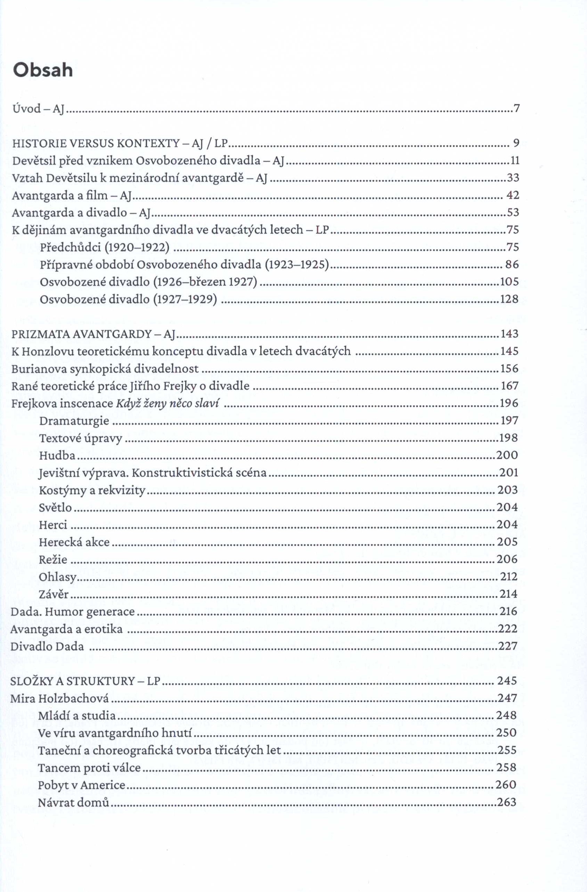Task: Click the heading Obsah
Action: click(43, 70)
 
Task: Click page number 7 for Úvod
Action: click(516, 109)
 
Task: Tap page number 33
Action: click(513, 178)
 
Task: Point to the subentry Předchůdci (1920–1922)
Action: click(105, 247)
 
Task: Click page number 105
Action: click(509, 282)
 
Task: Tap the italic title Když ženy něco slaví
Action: click(168, 404)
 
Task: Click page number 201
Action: click(509, 473)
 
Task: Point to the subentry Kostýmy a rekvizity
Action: click(92, 490)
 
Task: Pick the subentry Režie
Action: click(53, 559)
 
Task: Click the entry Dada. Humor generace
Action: click(73, 612)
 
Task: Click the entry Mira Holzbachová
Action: click(59, 698)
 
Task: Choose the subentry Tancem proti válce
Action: click(89, 768)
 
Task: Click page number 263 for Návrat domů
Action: click(506, 802)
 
